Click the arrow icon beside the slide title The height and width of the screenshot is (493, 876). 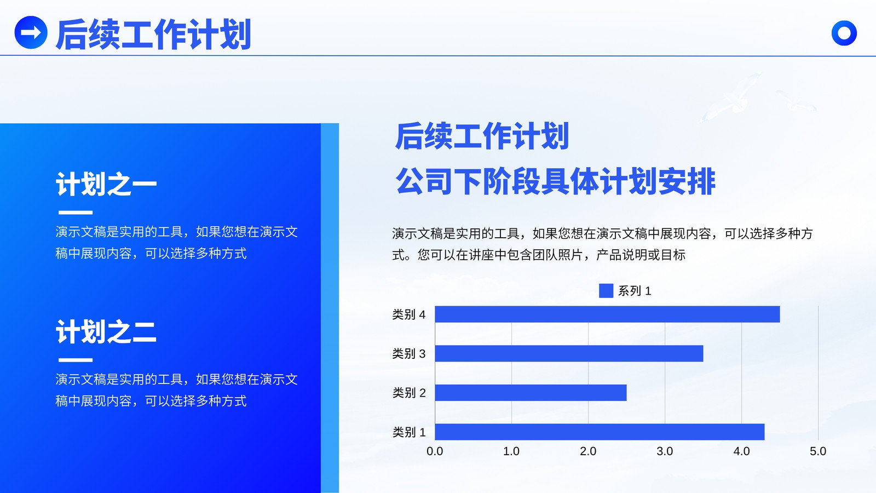pos(31,32)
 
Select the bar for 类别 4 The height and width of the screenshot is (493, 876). pos(607,314)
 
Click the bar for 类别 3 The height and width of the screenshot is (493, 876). pos(569,353)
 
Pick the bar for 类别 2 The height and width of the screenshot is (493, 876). pos(531,392)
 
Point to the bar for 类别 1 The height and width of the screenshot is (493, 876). pos(600,432)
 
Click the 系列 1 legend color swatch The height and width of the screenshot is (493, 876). pos(606,291)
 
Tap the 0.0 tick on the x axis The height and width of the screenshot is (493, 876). pos(435,451)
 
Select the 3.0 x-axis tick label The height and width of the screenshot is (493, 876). pos(665,451)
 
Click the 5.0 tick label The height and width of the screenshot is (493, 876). pos(818,451)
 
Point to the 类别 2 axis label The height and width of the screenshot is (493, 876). pos(408,392)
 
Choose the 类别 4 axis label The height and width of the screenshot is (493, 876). pos(408,314)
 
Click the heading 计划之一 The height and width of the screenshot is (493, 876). pos(106,184)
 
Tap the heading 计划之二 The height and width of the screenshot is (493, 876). pos(106,331)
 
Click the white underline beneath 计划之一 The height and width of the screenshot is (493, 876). pos(76,213)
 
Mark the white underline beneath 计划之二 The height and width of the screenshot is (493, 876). pos(76,360)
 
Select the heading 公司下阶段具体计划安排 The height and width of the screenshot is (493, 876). pos(556,181)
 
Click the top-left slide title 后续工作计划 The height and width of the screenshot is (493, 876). pos(153,35)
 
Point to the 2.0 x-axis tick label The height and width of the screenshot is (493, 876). pos(588,451)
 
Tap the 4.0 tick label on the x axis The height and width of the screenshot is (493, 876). pos(741,451)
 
